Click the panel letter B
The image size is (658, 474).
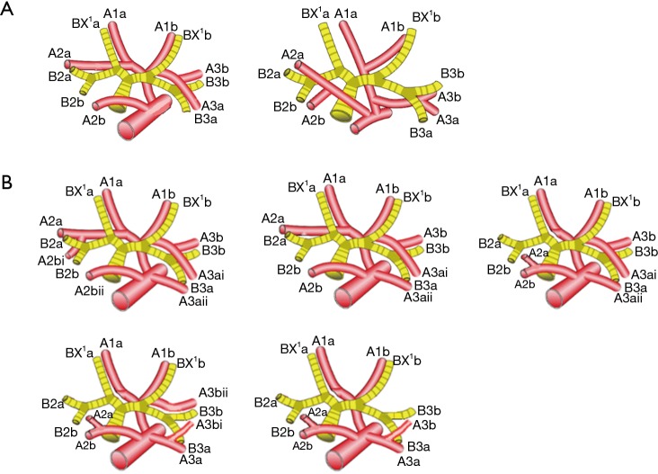[x=8, y=180]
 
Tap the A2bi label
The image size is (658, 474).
[x=50, y=260]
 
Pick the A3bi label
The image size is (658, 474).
[x=209, y=425]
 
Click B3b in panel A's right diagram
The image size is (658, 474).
[x=453, y=73]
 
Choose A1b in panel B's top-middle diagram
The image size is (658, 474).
[x=386, y=188]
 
